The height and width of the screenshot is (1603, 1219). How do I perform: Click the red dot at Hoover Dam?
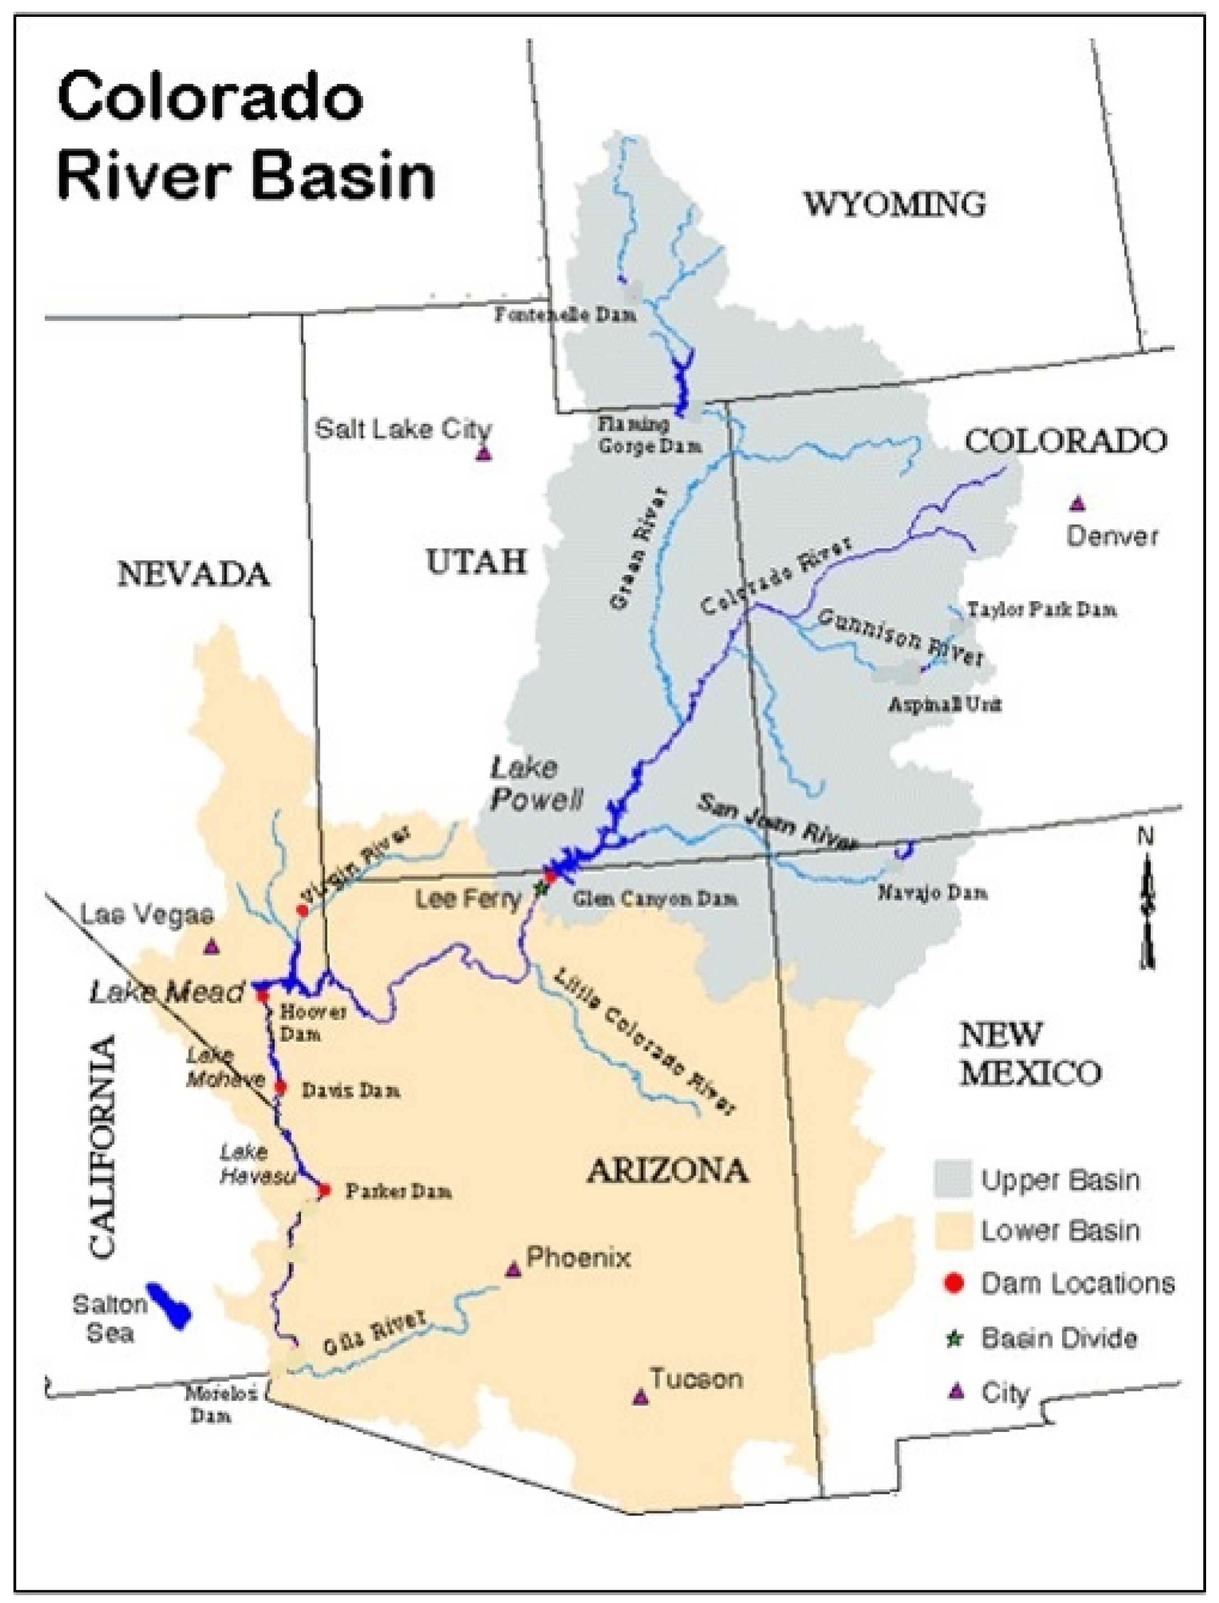click(262, 995)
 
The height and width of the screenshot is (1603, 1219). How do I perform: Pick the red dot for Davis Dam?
click(281, 1088)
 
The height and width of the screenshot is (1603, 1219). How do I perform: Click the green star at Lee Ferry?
click(539, 887)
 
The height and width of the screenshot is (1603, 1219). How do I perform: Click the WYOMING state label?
click(894, 204)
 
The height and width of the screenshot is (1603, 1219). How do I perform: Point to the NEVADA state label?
click(193, 575)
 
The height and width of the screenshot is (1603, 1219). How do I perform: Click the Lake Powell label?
click(535, 784)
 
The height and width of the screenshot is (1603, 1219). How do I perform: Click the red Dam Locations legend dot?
click(954, 1283)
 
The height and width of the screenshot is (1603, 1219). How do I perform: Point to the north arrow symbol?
click(1147, 908)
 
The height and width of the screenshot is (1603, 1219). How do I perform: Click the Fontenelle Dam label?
click(566, 315)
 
